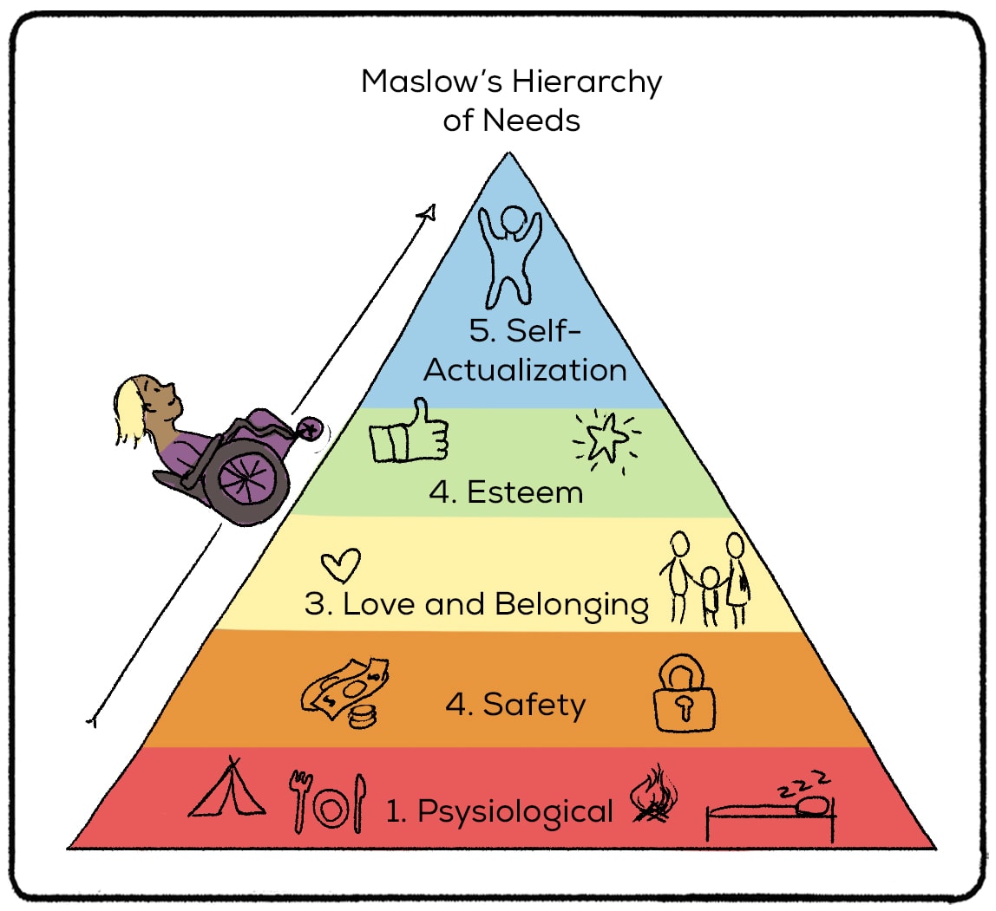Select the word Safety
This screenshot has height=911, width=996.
(534, 705)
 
